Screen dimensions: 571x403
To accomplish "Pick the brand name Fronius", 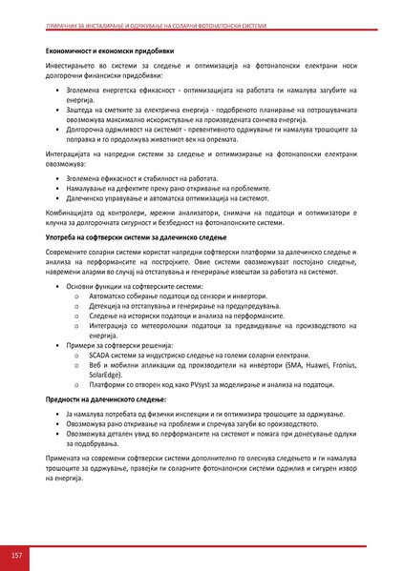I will click(x=333, y=364).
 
